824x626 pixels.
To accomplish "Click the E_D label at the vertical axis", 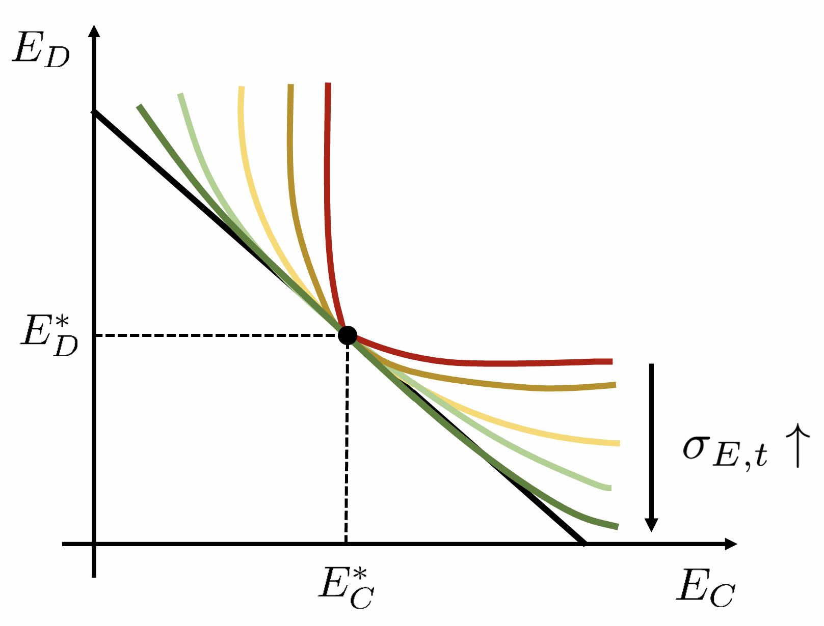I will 41,50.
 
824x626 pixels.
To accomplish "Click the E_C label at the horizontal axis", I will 706,588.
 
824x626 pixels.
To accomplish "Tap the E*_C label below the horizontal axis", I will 347,588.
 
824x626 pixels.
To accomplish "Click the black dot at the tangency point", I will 348,335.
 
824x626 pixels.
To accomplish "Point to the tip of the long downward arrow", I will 651,529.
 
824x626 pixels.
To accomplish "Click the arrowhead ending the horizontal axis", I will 732,544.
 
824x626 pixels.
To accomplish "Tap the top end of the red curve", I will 328,84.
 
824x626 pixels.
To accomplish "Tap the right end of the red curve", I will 610,361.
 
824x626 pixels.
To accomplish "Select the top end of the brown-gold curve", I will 290,86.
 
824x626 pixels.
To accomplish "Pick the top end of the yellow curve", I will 242,88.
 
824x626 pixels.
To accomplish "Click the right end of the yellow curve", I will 618,443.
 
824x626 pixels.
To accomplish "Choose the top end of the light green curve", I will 181,95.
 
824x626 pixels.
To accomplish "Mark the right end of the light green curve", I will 609,488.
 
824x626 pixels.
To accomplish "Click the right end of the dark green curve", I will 617,526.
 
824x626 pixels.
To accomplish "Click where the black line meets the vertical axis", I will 94,112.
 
